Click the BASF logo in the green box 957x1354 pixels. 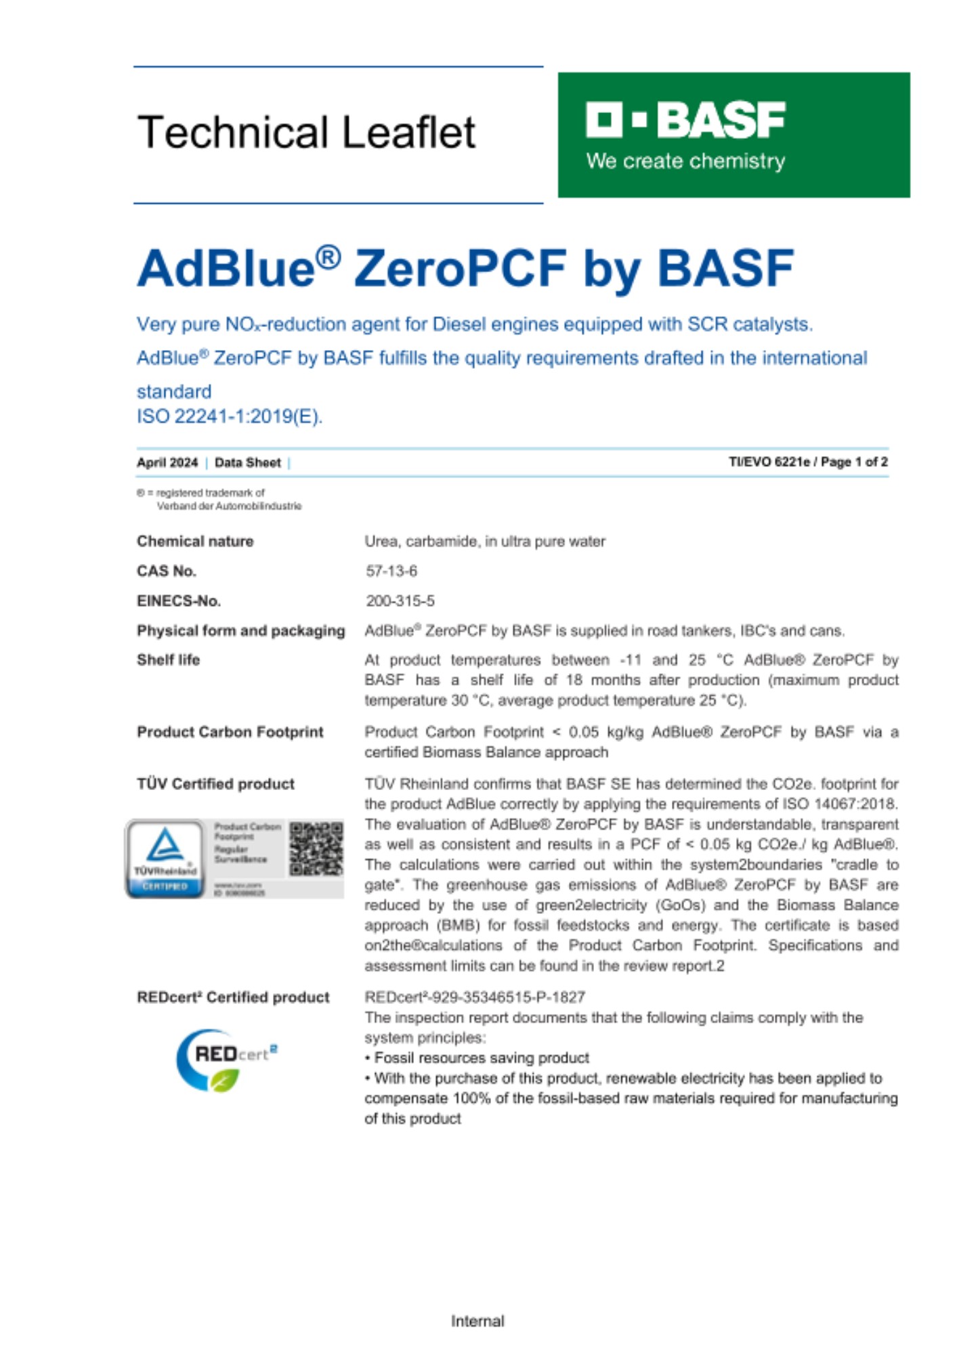point(685,120)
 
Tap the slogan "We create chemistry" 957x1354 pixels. point(685,161)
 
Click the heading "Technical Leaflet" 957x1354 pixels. point(306,132)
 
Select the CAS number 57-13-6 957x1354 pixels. point(391,571)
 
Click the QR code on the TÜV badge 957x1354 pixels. point(316,849)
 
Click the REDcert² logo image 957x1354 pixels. point(226,1060)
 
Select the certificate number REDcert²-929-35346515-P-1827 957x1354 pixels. point(475,997)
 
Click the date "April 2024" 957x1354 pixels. point(167,463)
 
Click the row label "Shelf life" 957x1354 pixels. point(168,660)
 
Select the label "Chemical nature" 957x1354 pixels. point(195,542)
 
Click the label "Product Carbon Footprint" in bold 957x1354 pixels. point(230,732)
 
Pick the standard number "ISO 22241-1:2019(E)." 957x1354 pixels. point(230,416)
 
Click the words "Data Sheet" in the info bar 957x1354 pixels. point(247,463)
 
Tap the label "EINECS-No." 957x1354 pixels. point(179,601)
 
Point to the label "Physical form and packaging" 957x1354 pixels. point(240,631)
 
